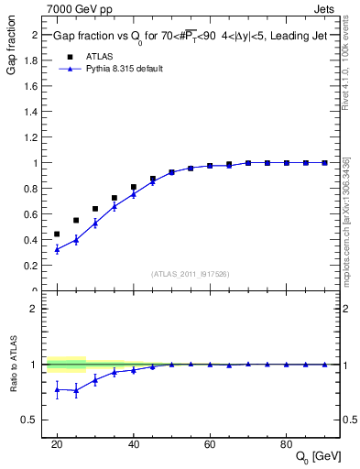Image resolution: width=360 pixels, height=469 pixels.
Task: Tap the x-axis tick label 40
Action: (x=134, y=443)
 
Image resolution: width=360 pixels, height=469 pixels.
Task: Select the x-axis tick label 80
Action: (x=287, y=443)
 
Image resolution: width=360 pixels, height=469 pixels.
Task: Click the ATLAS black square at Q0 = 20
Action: (x=57, y=234)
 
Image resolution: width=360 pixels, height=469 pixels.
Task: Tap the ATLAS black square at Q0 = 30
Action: (x=95, y=209)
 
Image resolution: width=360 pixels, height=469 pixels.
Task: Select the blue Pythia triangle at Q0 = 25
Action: (x=76, y=240)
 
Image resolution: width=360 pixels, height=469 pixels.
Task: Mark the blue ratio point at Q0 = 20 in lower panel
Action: (x=57, y=390)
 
